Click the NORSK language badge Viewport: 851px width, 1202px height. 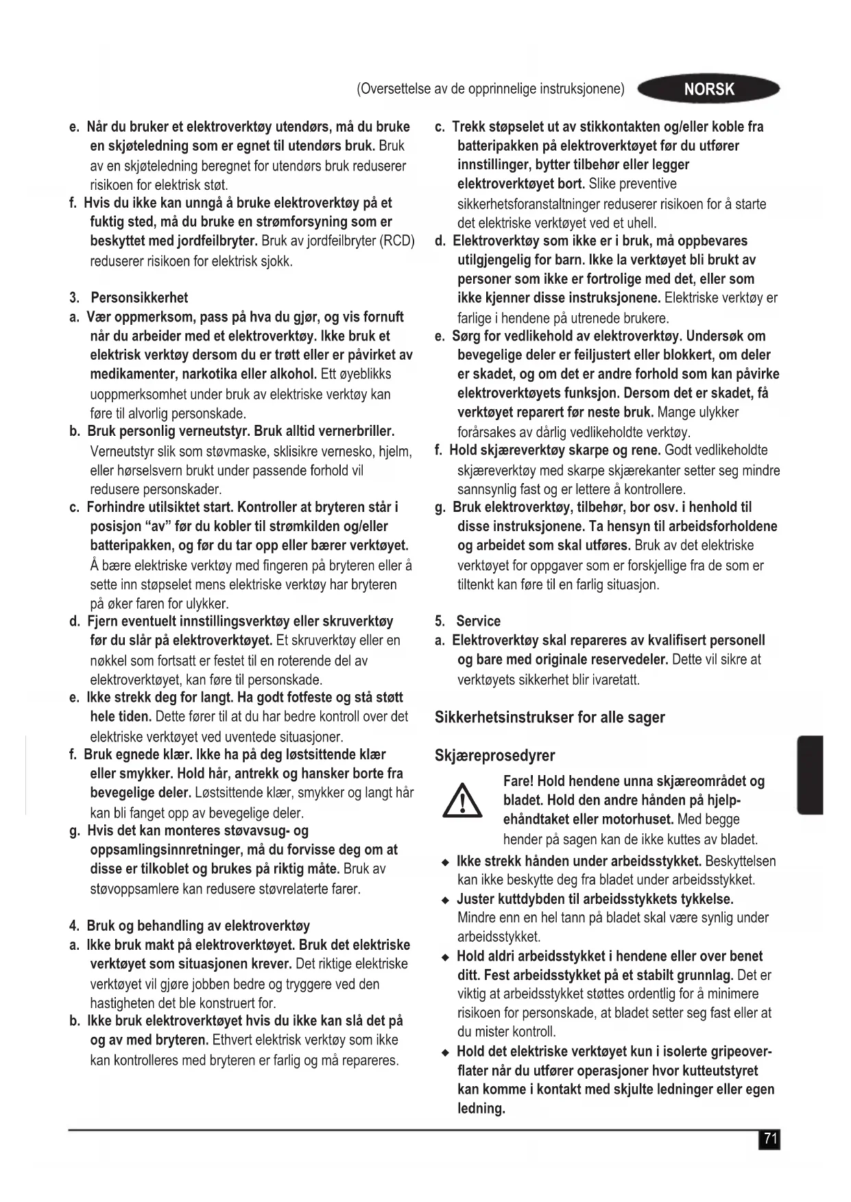tap(708, 89)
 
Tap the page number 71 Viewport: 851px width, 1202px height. tap(770, 1139)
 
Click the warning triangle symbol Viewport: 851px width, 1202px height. tap(463, 801)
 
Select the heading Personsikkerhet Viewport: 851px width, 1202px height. tap(139, 298)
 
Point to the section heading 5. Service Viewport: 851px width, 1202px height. tap(468, 622)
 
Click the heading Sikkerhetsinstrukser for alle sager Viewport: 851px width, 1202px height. tap(549, 717)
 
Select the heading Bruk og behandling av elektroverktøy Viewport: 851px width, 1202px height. tap(198, 926)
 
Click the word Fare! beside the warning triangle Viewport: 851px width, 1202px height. tap(518, 781)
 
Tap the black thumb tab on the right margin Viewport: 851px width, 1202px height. tap(810, 774)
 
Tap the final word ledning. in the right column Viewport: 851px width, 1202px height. tap(481, 1108)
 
